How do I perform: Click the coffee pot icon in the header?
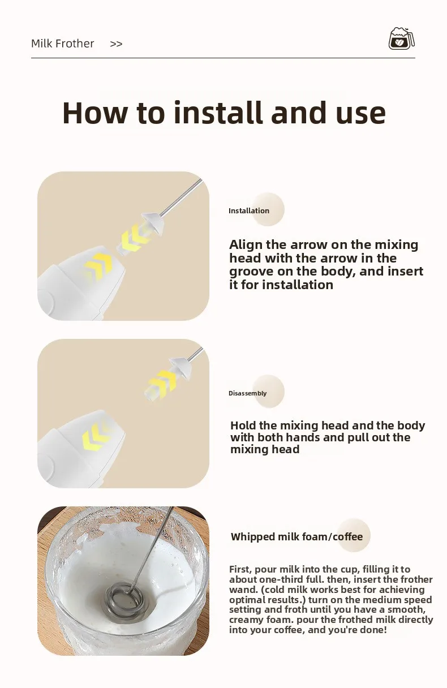(x=402, y=38)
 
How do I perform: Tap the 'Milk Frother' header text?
(x=62, y=44)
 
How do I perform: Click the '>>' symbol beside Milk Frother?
(x=116, y=44)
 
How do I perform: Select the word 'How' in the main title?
(x=94, y=113)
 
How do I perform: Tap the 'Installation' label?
(x=249, y=210)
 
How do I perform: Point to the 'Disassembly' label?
(x=248, y=393)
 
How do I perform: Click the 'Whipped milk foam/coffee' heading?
(x=296, y=536)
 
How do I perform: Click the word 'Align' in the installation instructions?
(x=246, y=245)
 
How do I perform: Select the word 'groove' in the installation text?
(x=251, y=272)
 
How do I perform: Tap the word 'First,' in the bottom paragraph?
(x=240, y=569)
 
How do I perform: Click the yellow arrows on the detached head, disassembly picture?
(x=162, y=382)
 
